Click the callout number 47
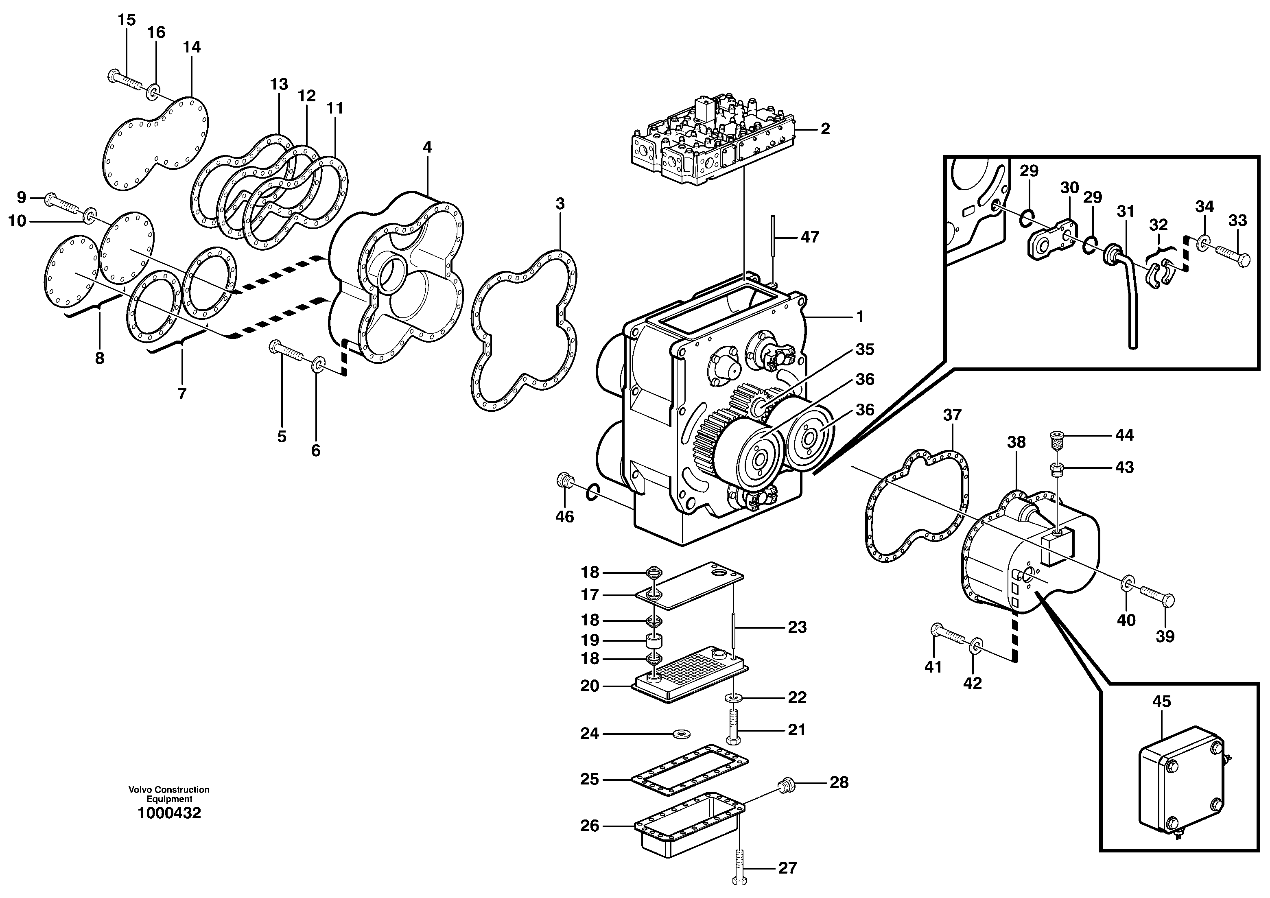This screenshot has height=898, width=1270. click(x=810, y=237)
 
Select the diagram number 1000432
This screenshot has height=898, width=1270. click(x=169, y=813)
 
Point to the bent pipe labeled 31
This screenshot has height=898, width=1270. click(x=1128, y=299)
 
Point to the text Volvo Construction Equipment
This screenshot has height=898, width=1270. click(x=169, y=794)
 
